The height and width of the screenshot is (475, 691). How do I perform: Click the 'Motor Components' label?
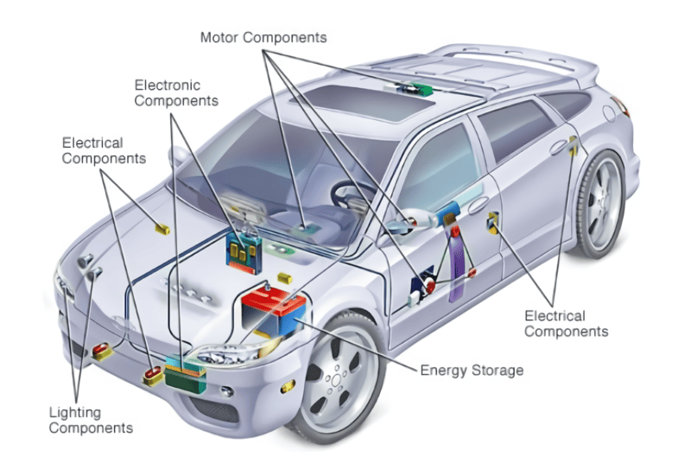[x=263, y=37]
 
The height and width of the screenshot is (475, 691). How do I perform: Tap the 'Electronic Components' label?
[x=176, y=92]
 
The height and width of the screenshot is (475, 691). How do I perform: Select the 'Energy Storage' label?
[x=472, y=370]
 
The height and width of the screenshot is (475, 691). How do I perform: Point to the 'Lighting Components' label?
[x=91, y=421]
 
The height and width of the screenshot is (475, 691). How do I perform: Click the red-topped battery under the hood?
[x=273, y=310]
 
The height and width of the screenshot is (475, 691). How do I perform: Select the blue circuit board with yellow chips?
[x=244, y=253]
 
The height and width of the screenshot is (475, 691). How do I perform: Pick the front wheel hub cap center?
[x=336, y=380]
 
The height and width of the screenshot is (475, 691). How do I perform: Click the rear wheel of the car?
[x=600, y=205]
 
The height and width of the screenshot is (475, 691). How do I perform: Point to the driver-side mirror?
[x=412, y=220]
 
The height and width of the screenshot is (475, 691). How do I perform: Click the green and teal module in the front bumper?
[x=186, y=374]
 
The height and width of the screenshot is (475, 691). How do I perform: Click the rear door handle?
[x=558, y=147]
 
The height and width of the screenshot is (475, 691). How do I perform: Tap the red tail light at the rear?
[x=620, y=106]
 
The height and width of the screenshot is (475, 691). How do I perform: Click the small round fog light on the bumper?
[x=227, y=391]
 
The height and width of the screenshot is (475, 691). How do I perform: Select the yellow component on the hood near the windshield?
[x=162, y=229]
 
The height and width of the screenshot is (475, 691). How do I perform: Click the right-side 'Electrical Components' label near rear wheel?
[x=567, y=324]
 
